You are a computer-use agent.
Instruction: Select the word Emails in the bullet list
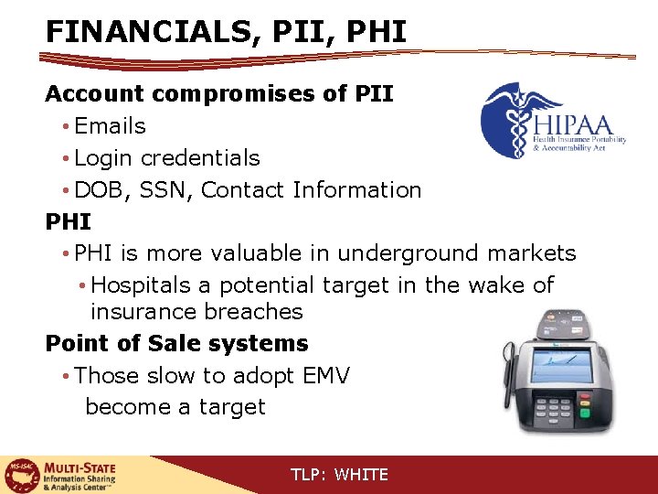click(110, 126)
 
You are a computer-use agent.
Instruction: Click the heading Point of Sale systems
click(177, 344)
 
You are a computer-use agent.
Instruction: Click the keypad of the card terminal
click(558, 409)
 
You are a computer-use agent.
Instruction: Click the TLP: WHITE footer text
click(339, 475)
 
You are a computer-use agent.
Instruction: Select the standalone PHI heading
click(68, 221)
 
